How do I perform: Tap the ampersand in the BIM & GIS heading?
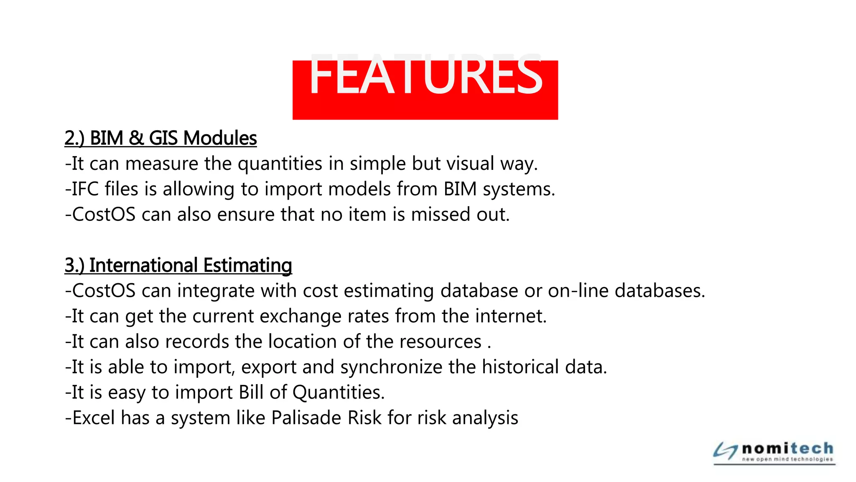coord(136,138)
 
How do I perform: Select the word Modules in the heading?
coord(220,138)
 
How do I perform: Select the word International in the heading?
coord(143,265)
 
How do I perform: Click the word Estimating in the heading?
coord(247,265)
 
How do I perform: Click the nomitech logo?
coord(774,452)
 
